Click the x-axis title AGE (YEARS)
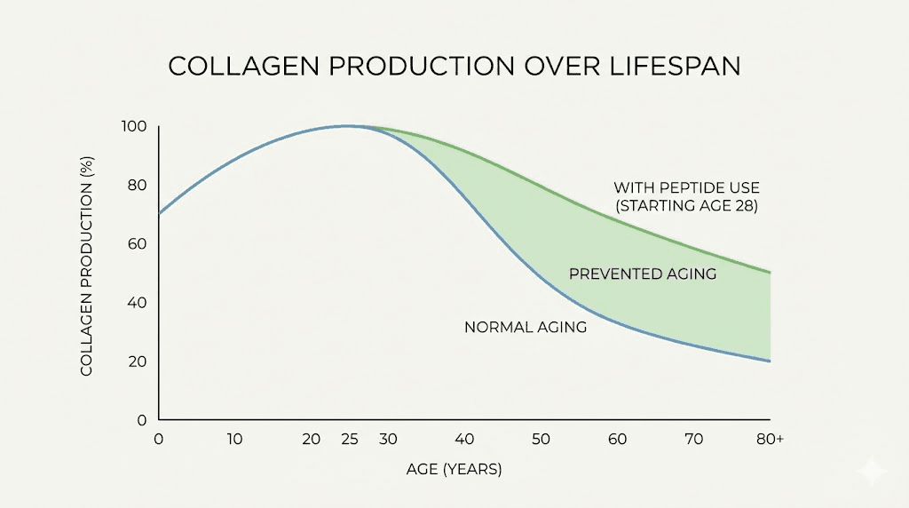455,469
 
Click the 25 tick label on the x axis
349,440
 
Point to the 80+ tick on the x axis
768,440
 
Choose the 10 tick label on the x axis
234,440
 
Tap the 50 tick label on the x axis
541,440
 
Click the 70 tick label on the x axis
693,440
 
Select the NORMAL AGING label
526,328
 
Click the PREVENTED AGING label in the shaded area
642,274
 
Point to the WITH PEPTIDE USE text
686,188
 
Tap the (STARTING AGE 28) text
686,207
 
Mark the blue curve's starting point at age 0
160,214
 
